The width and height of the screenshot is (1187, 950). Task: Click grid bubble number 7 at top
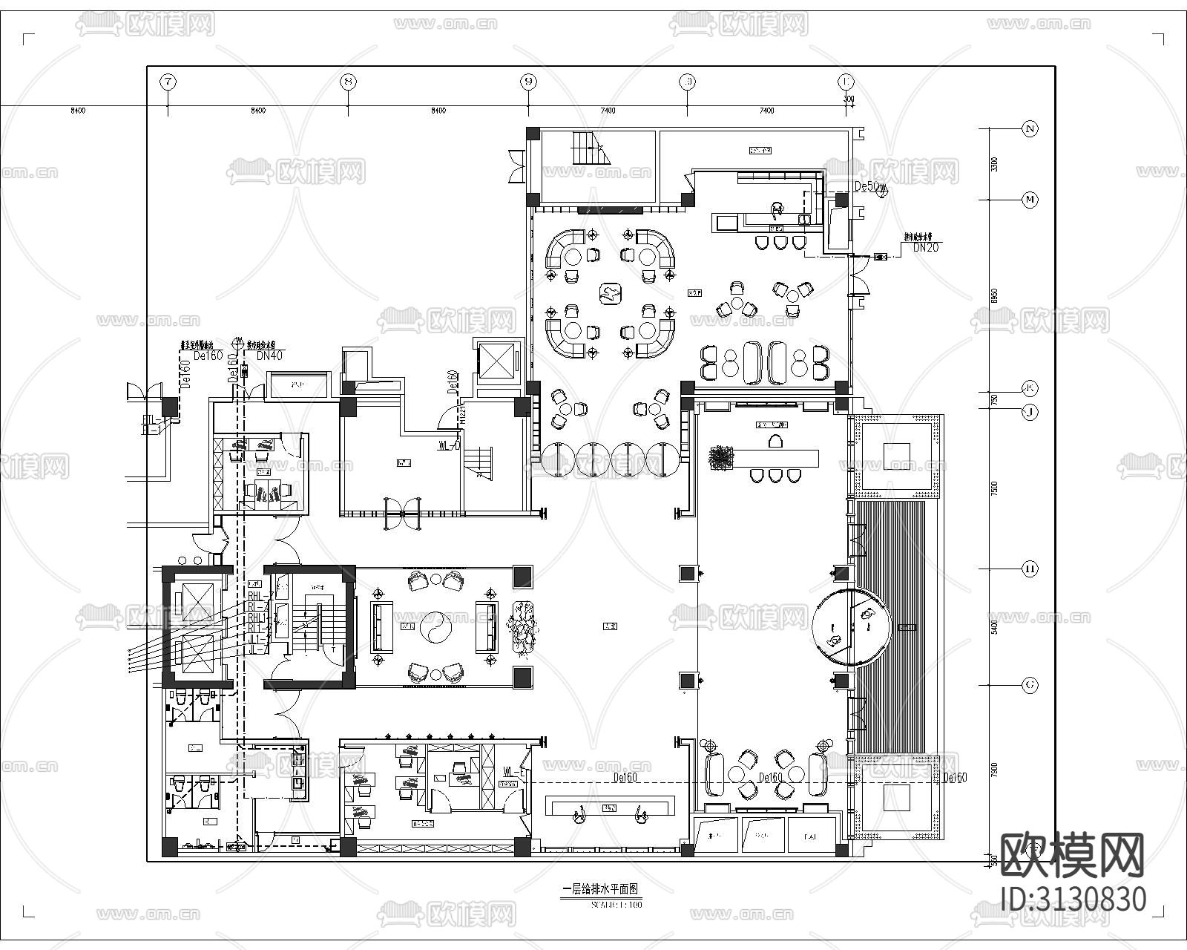tap(168, 82)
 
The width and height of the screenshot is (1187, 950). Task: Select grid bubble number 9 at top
tap(528, 82)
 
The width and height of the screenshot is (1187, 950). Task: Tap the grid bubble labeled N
tap(1030, 128)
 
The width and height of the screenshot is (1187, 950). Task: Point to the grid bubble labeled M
tap(1030, 199)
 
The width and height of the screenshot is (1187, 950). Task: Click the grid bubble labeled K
tap(1030, 387)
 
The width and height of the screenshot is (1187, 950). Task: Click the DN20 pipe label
tap(925, 248)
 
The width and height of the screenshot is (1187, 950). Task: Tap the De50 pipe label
tap(866, 186)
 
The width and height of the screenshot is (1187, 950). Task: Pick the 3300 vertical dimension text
tap(995, 164)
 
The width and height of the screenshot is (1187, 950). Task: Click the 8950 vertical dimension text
tap(995, 295)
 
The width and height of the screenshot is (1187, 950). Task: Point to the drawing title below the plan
tap(601, 888)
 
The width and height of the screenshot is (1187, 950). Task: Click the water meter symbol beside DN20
tap(881, 258)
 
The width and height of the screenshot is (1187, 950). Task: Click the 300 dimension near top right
tap(849, 99)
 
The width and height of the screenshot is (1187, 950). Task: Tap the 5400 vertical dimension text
tap(995, 627)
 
